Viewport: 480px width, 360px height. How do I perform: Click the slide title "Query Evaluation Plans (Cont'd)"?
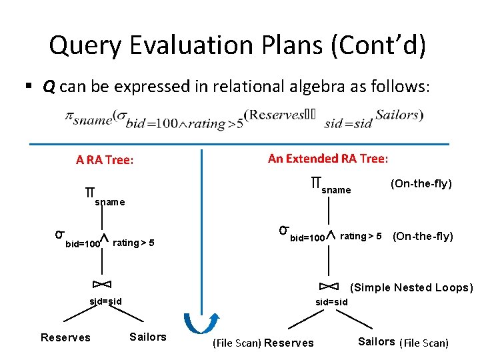pos(237,45)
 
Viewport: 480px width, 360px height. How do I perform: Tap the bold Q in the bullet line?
pos(49,87)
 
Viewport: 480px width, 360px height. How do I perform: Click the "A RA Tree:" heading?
pos(105,160)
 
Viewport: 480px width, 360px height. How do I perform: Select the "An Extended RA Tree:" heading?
pos(328,159)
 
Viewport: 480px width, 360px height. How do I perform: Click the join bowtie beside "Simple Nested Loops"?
pos(329,287)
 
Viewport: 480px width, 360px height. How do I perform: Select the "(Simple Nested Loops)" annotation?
pos(411,288)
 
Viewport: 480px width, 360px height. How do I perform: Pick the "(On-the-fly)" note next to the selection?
pos(423,236)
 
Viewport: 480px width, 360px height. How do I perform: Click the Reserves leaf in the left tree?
pos(65,337)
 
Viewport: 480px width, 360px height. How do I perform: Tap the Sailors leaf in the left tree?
pos(148,337)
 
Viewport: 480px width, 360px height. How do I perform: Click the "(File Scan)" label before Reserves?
pos(237,343)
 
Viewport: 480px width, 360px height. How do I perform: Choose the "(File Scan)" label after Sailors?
pos(424,343)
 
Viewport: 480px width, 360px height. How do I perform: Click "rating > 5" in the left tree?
pos(134,243)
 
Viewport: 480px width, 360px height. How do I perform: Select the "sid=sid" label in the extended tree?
pos(331,302)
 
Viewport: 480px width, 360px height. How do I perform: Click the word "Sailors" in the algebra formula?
pos(398,115)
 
